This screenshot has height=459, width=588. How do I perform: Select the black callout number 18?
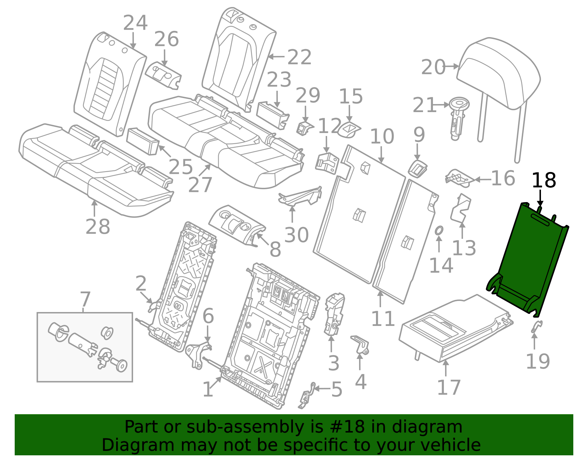pos(544,181)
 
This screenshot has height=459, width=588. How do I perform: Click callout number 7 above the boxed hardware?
pos(85,299)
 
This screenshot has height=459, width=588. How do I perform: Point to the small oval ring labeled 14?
pos(439,231)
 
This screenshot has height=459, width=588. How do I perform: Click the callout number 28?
pos(97,227)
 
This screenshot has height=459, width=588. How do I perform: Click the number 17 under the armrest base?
pos(448,388)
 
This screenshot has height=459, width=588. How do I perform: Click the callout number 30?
pos(296,235)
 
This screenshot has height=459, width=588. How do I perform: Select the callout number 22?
pos(299,57)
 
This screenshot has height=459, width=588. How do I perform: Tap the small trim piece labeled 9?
pos(417,168)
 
